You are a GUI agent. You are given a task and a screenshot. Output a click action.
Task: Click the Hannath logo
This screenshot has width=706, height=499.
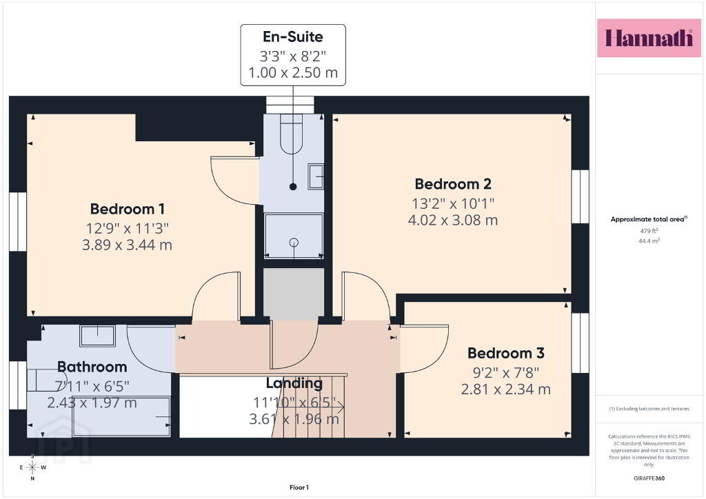(649, 38)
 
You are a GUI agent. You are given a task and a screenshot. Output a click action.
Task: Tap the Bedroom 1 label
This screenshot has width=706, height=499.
(128, 210)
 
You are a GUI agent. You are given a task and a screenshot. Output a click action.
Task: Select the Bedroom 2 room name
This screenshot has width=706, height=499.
(453, 184)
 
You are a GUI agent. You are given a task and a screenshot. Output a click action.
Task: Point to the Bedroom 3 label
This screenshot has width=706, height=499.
(505, 353)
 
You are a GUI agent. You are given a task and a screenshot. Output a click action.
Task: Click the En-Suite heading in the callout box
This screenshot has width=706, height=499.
(293, 37)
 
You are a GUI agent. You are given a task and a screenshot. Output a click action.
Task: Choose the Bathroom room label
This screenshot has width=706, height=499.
(92, 367)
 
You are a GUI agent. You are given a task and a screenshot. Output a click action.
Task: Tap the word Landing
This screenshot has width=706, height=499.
(294, 383)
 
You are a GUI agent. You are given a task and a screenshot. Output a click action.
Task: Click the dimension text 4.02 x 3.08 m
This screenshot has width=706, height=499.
(453, 220)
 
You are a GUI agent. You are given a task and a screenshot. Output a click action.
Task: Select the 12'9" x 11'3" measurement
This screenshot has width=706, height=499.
(128, 228)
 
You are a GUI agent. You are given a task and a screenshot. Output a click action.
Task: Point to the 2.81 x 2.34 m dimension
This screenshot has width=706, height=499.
(505, 389)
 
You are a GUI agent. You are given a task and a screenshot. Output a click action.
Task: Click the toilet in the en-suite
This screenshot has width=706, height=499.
(293, 134)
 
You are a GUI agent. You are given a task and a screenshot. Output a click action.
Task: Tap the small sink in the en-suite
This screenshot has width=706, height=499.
(316, 176)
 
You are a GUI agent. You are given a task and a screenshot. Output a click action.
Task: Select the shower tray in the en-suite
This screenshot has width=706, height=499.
(294, 236)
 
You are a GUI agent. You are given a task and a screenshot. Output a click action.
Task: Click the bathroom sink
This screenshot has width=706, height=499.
(97, 335)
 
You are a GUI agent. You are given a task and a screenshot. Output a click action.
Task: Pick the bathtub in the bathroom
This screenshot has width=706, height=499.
(121, 417)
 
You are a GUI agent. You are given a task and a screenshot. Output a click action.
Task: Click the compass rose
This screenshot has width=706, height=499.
(32, 467)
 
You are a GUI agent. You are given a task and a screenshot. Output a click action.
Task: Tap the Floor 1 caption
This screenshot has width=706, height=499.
(299, 487)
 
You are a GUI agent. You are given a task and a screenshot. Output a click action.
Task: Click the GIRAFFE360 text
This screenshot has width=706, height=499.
(649, 478)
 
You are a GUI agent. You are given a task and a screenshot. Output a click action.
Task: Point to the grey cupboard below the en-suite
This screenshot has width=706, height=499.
(294, 294)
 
